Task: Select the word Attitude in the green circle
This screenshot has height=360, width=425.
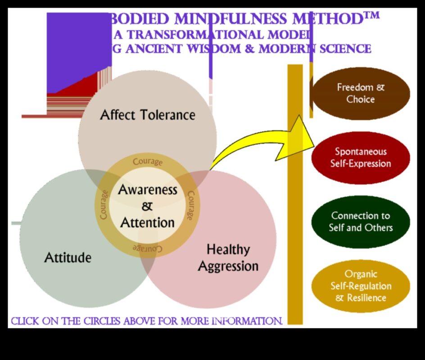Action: tap(68, 258)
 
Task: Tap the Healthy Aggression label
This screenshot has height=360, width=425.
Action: tap(228, 257)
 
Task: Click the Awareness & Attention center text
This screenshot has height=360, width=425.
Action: tap(148, 206)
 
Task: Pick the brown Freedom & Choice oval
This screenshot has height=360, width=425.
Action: tap(361, 93)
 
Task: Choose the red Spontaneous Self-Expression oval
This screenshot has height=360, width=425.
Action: tap(361, 157)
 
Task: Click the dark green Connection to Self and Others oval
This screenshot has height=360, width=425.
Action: tap(361, 222)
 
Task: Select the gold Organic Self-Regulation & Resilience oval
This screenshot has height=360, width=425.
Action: tap(361, 286)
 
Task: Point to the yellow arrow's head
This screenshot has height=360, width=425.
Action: tap(299, 138)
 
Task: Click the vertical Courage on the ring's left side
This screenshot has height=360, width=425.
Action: tap(104, 205)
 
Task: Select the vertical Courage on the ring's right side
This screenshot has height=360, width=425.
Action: tap(191, 206)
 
